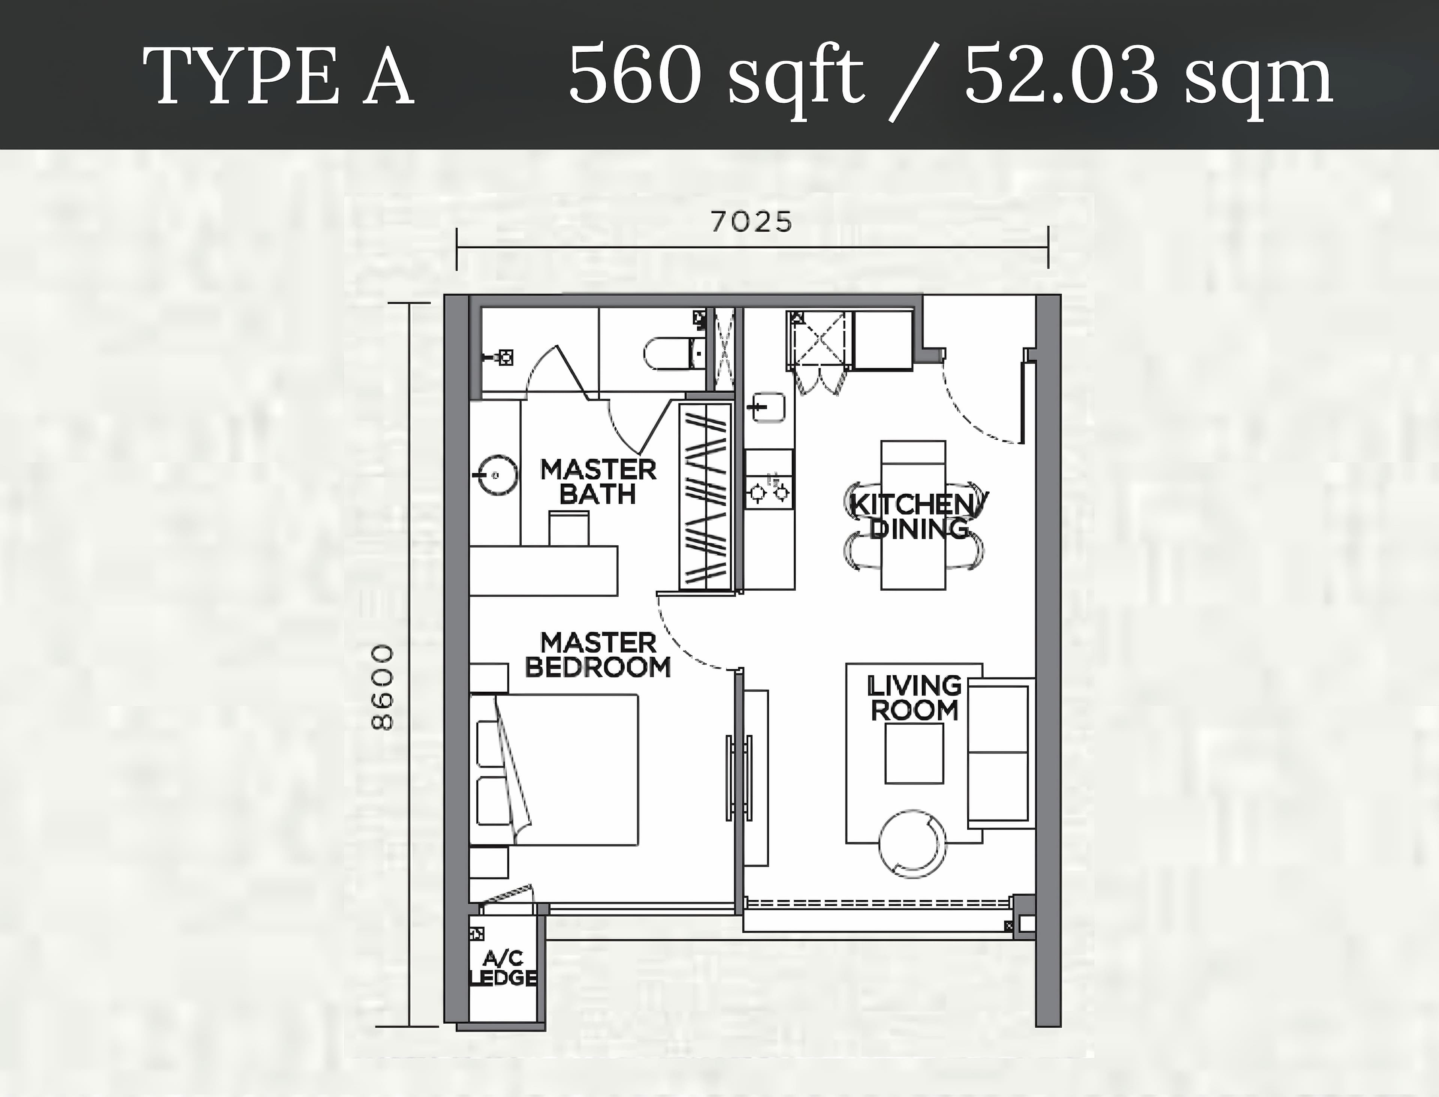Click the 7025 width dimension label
(x=751, y=222)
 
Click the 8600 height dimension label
(x=383, y=688)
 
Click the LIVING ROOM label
(x=914, y=698)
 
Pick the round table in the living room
(x=912, y=844)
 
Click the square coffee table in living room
(x=914, y=754)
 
